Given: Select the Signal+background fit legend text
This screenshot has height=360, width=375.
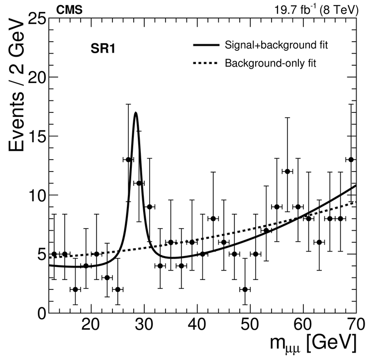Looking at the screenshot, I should click(x=277, y=46).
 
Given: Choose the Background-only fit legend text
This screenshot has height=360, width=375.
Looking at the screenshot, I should click(x=271, y=63).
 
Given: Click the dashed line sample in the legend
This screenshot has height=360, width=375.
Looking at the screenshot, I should click(x=206, y=63).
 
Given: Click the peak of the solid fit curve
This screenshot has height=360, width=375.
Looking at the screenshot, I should click(x=135, y=113).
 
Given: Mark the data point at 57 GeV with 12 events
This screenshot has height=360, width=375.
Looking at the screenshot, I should click(x=287, y=172).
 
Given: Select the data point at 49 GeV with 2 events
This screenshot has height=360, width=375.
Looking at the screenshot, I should click(x=245, y=289).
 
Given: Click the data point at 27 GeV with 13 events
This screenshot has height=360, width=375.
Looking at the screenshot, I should click(x=128, y=160).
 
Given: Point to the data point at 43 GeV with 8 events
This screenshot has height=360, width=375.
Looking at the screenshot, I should click(x=213, y=219).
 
